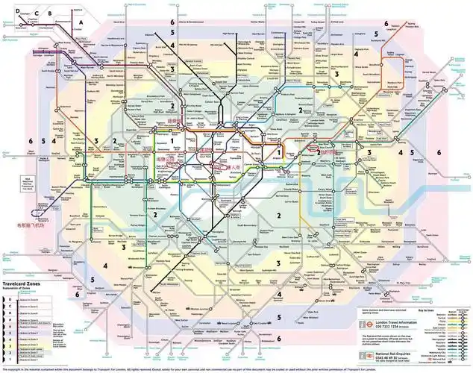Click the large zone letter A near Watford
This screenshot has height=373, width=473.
pos(78,24)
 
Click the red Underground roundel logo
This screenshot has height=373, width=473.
pos(368,325)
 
